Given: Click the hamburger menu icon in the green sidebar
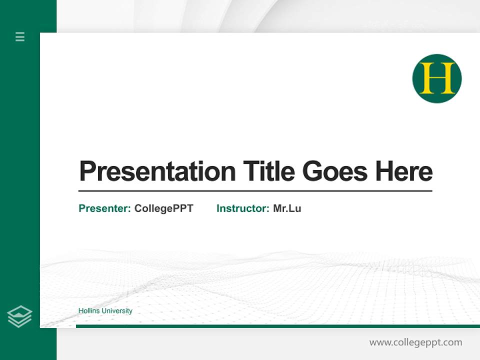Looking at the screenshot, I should click(x=20, y=36).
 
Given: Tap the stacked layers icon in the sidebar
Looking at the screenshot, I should click(x=19, y=316).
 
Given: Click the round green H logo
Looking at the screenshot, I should click(x=436, y=78).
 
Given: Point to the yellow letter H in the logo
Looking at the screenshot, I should click(x=437, y=78).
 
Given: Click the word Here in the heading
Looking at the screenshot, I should click(x=403, y=171).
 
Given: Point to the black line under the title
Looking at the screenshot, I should click(x=255, y=190).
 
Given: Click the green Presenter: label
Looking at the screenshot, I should click(x=105, y=208).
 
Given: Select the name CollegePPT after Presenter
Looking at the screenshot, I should click(x=163, y=208).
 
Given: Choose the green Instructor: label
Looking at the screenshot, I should click(x=243, y=208).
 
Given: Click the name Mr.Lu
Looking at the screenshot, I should click(x=287, y=208).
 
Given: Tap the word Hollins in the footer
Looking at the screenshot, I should click(x=89, y=311).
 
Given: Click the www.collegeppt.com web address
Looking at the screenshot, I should click(x=415, y=342).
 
